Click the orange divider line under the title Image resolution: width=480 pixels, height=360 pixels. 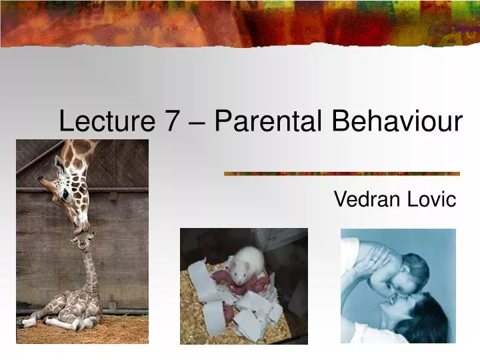click(x=341, y=173)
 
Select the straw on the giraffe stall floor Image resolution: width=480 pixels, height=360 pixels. click(x=120, y=330)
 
